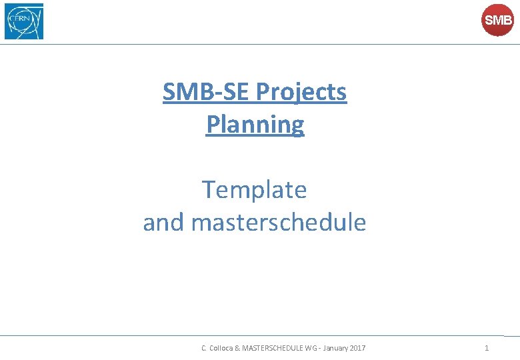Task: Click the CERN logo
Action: pos(24,21)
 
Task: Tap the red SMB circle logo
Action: pos(497,21)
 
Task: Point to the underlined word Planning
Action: pos(255,124)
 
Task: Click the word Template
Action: pos(255,190)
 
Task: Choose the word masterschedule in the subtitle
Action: pos(279,222)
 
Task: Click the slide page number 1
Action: pos(487,348)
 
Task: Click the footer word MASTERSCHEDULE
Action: pos(273,348)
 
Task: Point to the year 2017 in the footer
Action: pos(357,348)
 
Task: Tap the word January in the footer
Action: pos(334,348)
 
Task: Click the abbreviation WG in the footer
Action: pos(311,348)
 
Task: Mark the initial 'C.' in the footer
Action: pos(205,348)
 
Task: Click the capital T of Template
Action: pos(209,190)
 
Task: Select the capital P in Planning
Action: pos(213,124)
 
